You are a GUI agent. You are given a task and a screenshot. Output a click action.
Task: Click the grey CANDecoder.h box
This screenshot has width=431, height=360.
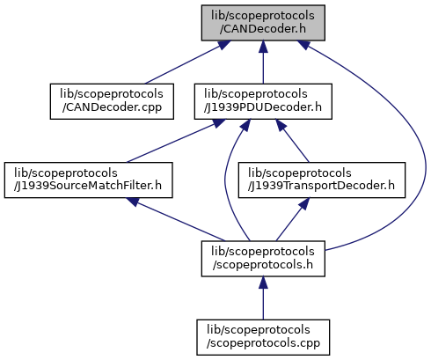263,23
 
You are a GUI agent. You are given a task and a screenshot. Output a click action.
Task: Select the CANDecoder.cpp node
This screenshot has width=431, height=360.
112,101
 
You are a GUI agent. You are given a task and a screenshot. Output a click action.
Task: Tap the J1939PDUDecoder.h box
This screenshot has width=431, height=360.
263,101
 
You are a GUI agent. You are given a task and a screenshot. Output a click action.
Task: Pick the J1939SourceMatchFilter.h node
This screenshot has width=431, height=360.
88,180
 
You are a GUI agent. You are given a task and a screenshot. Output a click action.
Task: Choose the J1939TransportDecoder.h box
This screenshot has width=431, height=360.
322,180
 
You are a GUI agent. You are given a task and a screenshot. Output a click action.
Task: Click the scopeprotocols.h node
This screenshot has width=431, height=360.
263,259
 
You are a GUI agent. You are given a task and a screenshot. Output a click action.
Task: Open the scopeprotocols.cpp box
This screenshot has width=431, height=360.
263,337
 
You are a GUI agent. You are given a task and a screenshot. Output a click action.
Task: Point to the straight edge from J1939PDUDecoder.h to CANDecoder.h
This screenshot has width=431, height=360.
263,62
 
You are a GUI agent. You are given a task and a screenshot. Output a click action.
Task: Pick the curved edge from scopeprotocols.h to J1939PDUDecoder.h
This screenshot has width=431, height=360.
225,179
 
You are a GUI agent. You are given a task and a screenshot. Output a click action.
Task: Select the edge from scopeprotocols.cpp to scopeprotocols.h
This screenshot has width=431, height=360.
263,298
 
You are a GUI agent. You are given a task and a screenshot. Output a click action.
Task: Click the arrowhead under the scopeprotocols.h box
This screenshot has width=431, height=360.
263,283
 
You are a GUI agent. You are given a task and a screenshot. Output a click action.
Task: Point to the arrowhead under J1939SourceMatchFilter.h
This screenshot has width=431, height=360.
134,202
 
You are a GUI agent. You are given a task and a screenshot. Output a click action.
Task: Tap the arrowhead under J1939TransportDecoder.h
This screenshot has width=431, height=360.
304,203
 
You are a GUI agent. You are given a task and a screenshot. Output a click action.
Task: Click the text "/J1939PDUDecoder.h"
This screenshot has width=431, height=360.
263,107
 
